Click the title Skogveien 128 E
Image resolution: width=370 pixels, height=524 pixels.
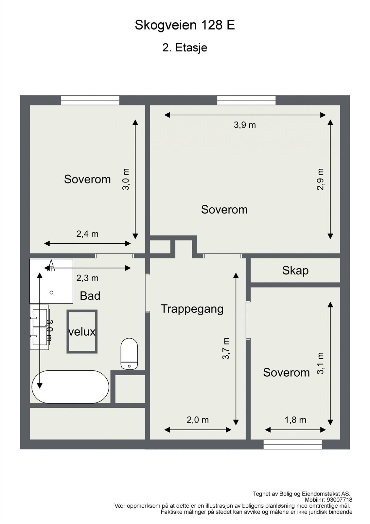(x=185, y=25)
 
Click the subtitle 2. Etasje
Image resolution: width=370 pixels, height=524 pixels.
(x=185, y=48)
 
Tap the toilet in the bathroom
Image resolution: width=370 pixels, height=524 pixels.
(x=129, y=354)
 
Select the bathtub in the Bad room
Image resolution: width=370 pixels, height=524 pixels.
(x=70, y=387)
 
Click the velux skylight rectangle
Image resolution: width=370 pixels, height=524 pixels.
(x=82, y=331)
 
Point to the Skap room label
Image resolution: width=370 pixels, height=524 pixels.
(x=295, y=271)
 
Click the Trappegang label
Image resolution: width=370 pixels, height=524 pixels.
(x=192, y=309)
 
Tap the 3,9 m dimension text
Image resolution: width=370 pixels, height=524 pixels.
(x=245, y=125)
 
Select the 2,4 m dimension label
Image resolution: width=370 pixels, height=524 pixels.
(x=87, y=234)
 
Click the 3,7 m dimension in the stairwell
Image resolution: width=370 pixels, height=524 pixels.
(x=226, y=348)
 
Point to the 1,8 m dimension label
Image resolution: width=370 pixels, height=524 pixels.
(x=295, y=420)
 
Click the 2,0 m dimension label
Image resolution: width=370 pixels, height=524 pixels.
(x=198, y=420)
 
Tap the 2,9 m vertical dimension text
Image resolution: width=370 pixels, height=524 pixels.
(x=320, y=179)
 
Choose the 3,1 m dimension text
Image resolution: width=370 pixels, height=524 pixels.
(x=320, y=363)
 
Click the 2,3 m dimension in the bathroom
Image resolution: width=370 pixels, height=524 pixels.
(x=87, y=278)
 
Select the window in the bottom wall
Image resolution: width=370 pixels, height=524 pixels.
(x=293, y=444)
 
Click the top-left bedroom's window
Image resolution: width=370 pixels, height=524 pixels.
(x=90, y=100)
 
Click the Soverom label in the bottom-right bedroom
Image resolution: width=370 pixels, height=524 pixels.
(x=286, y=373)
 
